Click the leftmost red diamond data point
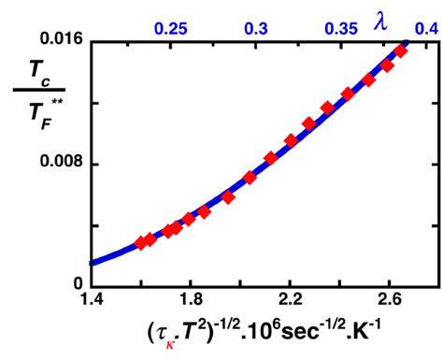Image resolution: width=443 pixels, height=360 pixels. point(141,242)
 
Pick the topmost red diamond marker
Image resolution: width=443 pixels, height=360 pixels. point(401,50)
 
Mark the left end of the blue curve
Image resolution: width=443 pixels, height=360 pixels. point(92,264)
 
